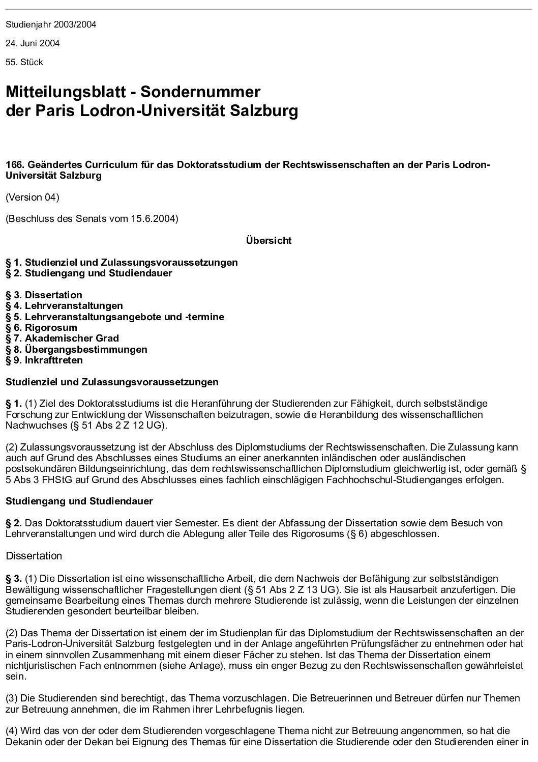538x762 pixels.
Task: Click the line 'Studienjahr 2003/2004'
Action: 51,24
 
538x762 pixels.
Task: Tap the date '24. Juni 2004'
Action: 33,43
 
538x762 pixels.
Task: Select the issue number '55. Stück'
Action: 24,62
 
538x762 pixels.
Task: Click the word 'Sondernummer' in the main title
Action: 200,92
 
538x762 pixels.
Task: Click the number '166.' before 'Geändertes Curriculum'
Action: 14,165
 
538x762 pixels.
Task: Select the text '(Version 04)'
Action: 33,197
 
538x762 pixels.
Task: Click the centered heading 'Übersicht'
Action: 268,241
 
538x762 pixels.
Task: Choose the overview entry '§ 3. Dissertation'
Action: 44,295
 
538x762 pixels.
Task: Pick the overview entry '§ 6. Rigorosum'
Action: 41,327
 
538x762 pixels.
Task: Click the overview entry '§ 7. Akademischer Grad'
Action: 62,338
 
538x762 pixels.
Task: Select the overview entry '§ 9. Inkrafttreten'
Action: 44,360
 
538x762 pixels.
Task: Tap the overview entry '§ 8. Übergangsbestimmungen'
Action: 76,349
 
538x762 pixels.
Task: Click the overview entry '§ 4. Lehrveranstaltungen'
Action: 64,306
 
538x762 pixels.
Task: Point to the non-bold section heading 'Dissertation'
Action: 34,556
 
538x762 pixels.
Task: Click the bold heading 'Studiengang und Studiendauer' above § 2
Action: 79,501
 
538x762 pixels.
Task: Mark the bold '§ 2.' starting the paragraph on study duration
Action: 14,523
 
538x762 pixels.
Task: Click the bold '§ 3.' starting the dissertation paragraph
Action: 14,578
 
